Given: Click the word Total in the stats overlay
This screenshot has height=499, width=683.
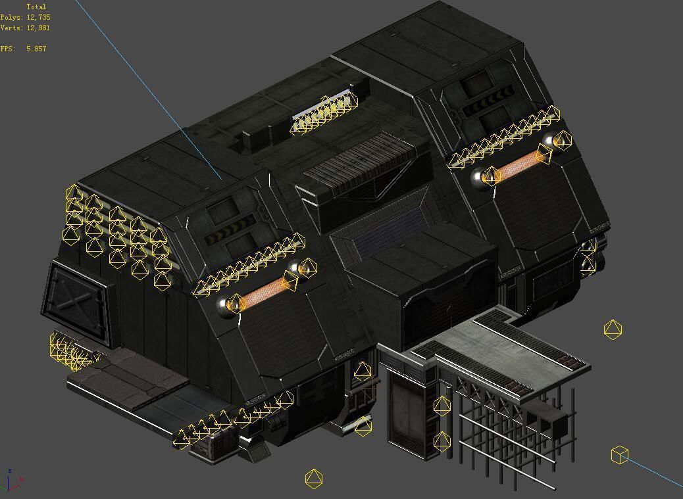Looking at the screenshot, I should (36, 7).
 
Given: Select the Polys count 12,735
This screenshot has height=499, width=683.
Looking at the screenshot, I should (38, 17).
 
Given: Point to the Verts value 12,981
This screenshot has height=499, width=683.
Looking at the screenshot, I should (38, 28).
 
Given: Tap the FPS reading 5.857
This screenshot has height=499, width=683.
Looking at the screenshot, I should (36, 49).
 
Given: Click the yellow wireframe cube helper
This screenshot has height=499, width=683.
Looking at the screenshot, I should (620, 454).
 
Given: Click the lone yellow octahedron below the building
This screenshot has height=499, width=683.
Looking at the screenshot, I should (314, 478).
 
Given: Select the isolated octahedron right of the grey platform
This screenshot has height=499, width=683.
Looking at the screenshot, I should (613, 329).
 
